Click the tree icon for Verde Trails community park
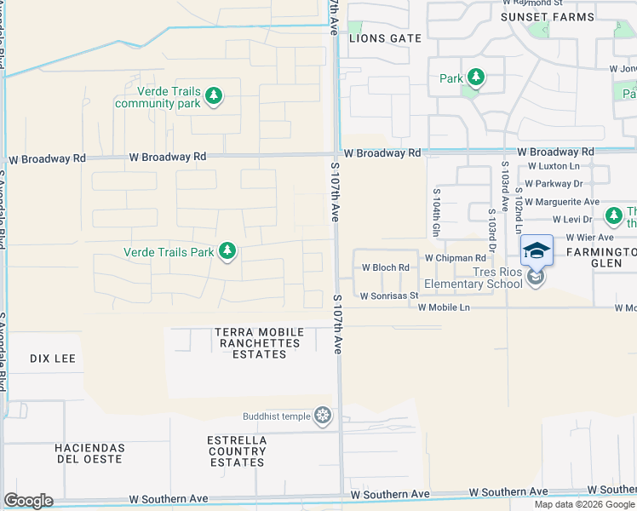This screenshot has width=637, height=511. [x=215, y=95]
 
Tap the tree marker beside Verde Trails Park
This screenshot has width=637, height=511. [x=227, y=251]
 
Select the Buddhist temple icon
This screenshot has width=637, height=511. [x=323, y=416]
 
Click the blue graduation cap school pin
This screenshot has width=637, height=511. [x=537, y=250]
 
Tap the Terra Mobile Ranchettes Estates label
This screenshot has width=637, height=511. [x=258, y=342]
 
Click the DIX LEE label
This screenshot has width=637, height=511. [x=53, y=359]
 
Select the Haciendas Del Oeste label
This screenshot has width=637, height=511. [x=89, y=454]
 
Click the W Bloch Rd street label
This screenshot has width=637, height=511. [x=386, y=267]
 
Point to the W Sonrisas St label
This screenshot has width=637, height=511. [x=389, y=296]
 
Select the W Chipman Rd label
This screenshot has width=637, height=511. [x=455, y=257]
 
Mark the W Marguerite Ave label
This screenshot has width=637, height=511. [x=562, y=202]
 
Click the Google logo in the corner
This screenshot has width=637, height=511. [x=28, y=501]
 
